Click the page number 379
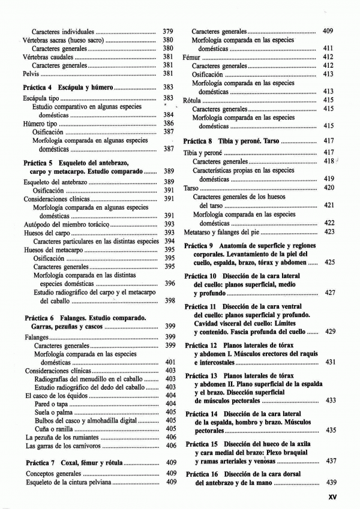click(168, 31)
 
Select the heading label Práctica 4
click(40, 88)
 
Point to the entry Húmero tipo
click(41, 124)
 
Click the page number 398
click(169, 300)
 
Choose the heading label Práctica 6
click(41, 317)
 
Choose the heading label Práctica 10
click(202, 276)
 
